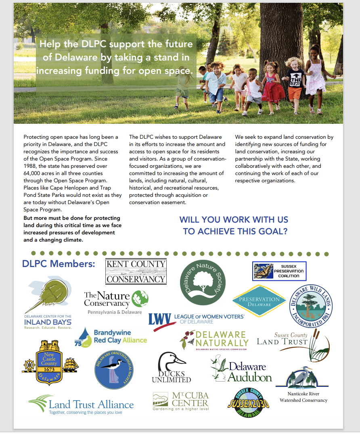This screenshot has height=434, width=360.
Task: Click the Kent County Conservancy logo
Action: tap(136, 271)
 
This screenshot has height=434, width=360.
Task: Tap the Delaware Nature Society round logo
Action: tap(202, 282)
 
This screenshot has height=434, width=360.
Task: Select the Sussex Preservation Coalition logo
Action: tap(279, 271)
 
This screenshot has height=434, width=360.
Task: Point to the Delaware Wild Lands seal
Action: tap(312, 306)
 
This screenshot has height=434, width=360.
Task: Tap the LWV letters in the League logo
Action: tap(159, 319)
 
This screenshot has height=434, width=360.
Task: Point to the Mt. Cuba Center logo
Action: tap(180, 401)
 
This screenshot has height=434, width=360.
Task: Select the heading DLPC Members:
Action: tap(59, 264)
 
